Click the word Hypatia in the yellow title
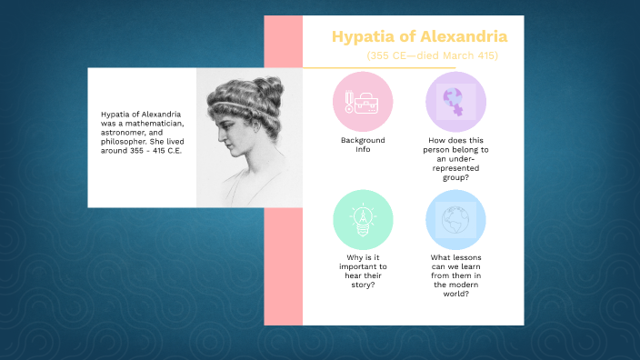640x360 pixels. (x=357, y=37)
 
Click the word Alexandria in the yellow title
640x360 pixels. (x=455, y=37)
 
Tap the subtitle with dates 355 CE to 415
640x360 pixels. (x=432, y=56)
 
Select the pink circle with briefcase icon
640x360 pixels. (x=363, y=101)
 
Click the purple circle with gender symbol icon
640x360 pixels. (x=455, y=101)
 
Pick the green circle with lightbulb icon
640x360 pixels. (x=363, y=219)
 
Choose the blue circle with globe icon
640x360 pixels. (x=455, y=219)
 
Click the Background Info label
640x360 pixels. (x=363, y=145)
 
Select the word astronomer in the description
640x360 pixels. (x=123, y=132)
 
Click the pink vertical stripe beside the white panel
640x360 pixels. (x=283, y=264)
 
